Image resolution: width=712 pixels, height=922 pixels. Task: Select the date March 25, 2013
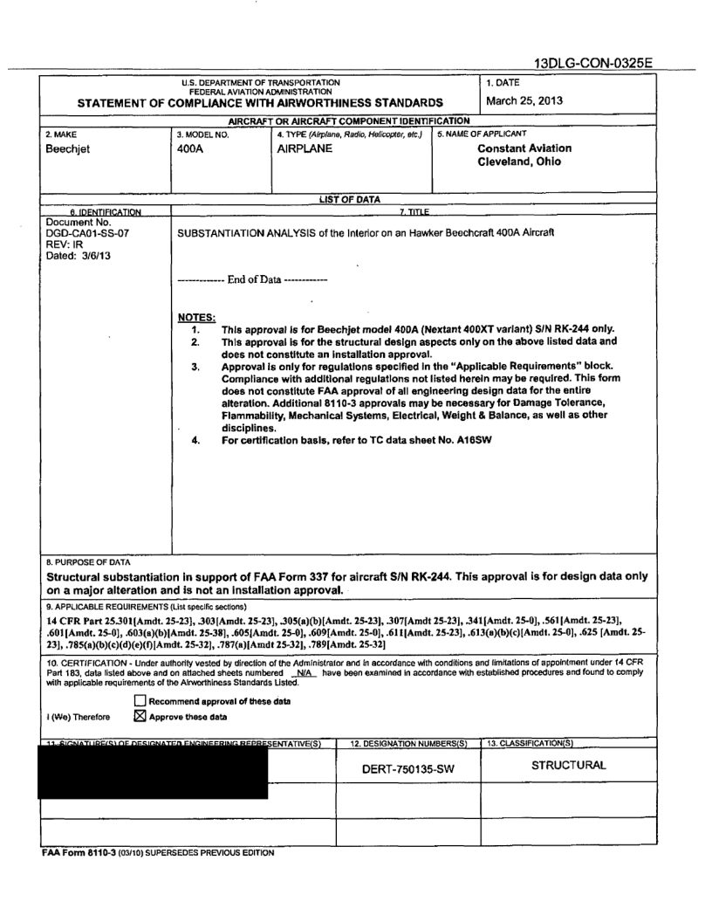point(526,100)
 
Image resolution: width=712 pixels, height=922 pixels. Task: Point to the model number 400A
point(193,148)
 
